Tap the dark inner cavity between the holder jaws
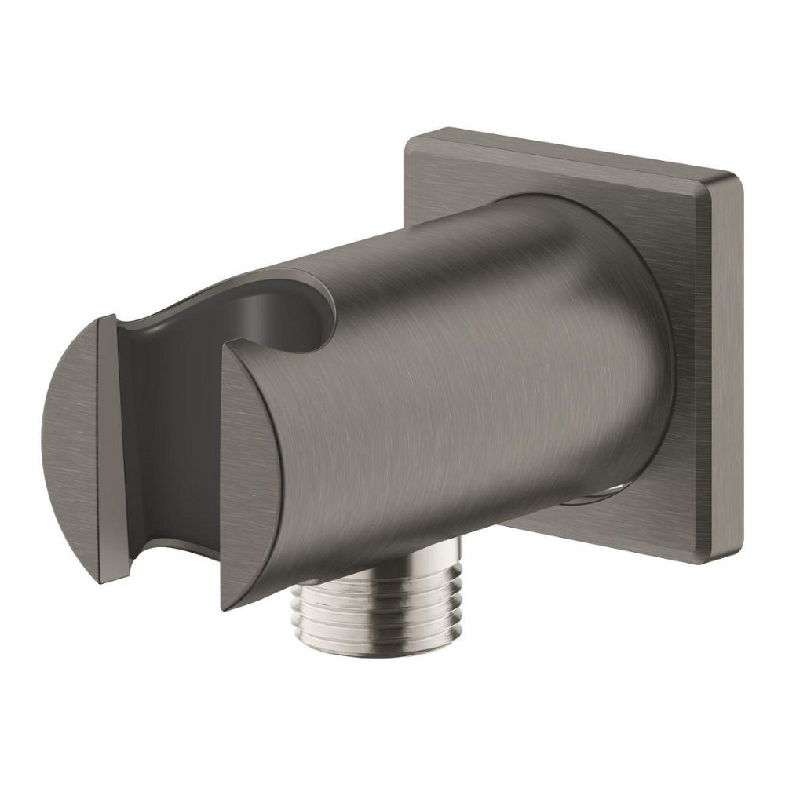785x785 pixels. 169,424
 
